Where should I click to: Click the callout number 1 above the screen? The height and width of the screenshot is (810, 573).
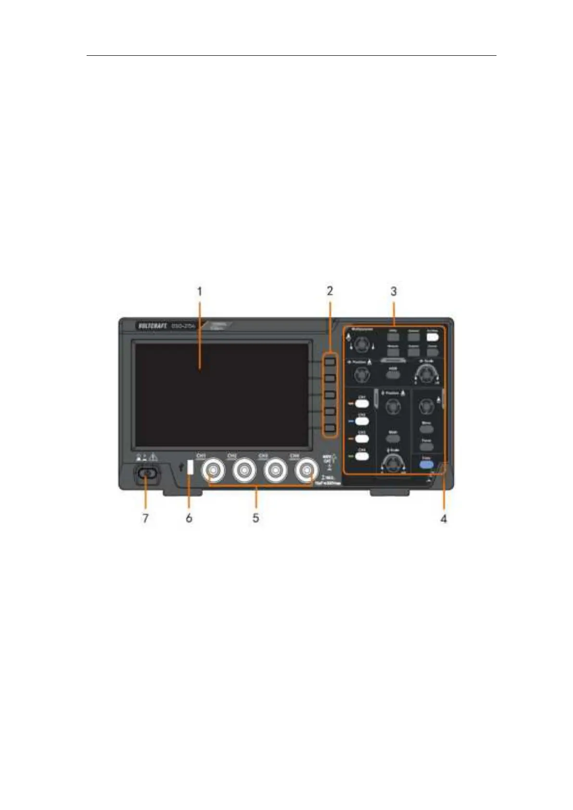pos(200,291)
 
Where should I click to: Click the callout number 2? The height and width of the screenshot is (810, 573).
pos(330,291)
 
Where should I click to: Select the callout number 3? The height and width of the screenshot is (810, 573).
pos(394,291)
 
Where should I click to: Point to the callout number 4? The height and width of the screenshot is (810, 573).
pos(444,519)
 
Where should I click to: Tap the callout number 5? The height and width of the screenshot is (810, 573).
pos(256,518)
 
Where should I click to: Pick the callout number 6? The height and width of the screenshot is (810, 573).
pos(189,518)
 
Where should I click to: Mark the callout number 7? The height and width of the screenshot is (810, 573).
pos(145,518)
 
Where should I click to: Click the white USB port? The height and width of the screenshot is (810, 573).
pos(190,468)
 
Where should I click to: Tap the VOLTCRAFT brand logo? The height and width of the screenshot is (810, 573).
pos(152,327)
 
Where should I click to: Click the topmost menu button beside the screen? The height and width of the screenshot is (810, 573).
pos(330,361)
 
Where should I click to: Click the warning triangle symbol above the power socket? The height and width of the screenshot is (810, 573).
pos(153,458)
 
